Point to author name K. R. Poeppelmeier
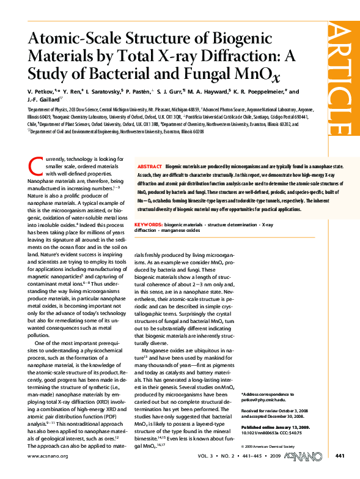click(x=257, y=92)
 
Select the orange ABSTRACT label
click(x=150, y=166)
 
